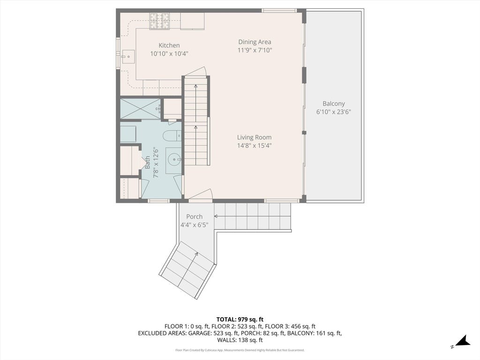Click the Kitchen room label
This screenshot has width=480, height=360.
[169, 45]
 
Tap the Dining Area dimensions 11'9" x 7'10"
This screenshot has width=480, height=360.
[255, 50]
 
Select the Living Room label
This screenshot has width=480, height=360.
[254, 137]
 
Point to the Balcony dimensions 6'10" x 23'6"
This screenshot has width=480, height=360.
[333, 112]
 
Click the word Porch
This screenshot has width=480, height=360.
[195, 217]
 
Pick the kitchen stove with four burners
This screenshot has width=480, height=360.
[159, 21]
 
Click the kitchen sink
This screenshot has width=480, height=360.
[128, 57]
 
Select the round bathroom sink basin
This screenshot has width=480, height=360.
[174, 159]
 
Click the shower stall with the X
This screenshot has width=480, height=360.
[140, 108]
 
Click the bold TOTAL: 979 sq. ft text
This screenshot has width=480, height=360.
[240, 320]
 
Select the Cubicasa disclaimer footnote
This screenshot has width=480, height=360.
[240, 350]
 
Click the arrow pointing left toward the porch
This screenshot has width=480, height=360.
[252, 216]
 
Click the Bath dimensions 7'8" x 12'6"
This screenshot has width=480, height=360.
[156, 163]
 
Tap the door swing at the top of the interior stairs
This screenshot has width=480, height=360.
[197, 72]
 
